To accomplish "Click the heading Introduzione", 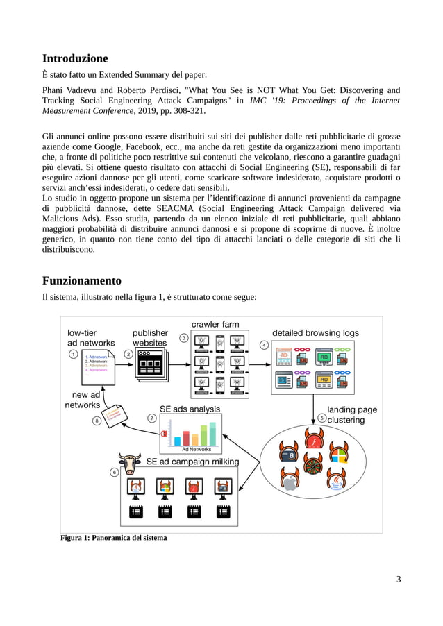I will pos(75,58).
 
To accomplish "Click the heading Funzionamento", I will pos(82,280).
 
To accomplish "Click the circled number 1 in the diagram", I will pos(74,354).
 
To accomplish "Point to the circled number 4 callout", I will pos(264,345).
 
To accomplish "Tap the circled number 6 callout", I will pos(115,472).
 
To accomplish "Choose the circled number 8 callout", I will pos(97,420).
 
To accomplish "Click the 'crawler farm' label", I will pos(215,324).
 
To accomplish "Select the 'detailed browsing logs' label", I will pos(315,332).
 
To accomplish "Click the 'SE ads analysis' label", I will pos(190,409).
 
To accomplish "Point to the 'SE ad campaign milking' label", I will pos(192,462).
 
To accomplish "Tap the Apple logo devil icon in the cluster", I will pos(290,481).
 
